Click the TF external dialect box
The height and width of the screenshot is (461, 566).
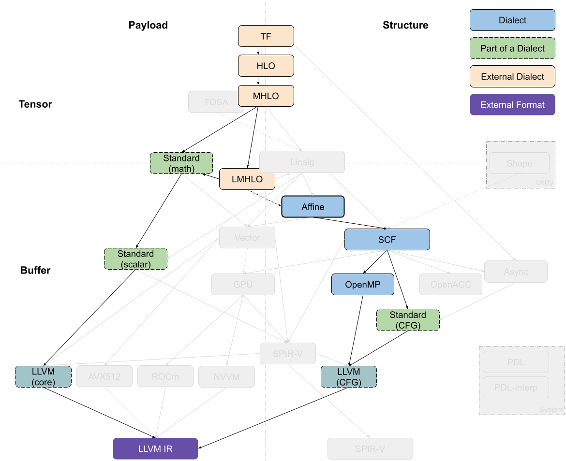click(x=266, y=36)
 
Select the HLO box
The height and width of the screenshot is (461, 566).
click(x=266, y=66)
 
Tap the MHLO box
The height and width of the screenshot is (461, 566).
click(x=266, y=96)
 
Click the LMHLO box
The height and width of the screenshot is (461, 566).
click(x=247, y=179)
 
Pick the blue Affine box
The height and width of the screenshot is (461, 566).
click(x=313, y=207)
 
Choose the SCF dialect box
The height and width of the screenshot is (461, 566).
click(x=387, y=240)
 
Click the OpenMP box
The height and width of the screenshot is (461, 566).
click(x=362, y=285)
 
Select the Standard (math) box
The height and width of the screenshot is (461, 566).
click(x=181, y=163)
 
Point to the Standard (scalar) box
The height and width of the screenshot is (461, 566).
click(x=135, y=259)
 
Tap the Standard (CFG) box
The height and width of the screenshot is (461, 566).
click(x=408, y=320)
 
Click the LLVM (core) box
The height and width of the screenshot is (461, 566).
click(x=44, y=376)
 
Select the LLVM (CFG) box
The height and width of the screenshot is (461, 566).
click(x=348, y=376)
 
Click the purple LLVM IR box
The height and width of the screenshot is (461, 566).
click(x=155, y=449)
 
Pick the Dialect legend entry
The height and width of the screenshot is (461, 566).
click(x=512, y=20)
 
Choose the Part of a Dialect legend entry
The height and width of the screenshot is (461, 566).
click(x=512, y=48)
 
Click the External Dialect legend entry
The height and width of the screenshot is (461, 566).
click(x=512, y=76)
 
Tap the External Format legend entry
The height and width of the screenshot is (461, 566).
click(x=512, y=105)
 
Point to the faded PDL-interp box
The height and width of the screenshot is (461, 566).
click(x=516, y=387)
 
